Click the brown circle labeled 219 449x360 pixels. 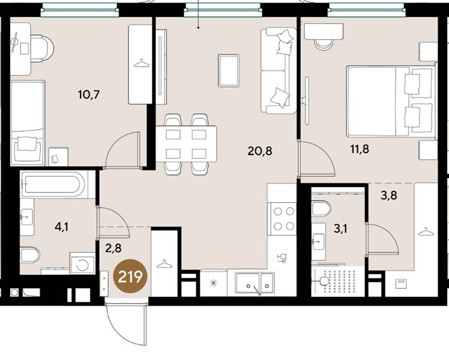click(130, 276)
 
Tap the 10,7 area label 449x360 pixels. click(89, 94)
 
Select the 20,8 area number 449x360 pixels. click(260, 151)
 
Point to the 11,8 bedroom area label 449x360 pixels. click(360, 149)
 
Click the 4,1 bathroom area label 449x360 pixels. click(62, 227)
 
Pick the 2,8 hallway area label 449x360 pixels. click(113, 248)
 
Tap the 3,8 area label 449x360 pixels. click(389, 195)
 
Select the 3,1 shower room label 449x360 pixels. click(341, 229)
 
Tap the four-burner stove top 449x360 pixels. click(282, 219)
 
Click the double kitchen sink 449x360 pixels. click(255, 283)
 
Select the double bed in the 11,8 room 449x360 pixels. click(391, 101)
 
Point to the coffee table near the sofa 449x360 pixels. click(229, 70)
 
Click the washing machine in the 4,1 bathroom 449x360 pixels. click(82, 263)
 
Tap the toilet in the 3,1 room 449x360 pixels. click(321, 209)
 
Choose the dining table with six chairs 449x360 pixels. click(186, 144)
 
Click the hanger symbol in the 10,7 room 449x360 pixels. click(142, 63)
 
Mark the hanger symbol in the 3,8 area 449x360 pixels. click(426, 232)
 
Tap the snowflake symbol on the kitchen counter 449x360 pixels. click(214, 283)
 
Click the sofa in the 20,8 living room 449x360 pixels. click(279, 70)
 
